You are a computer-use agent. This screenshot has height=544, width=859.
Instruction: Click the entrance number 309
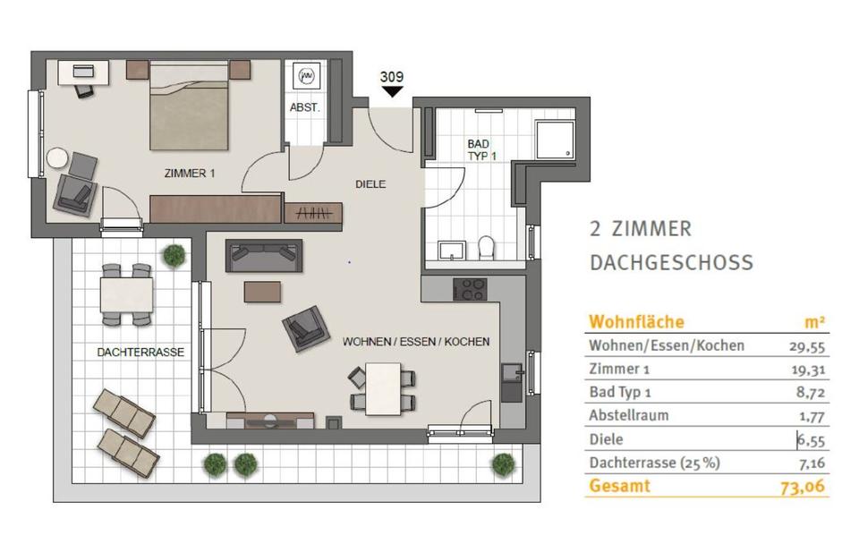[x=392, y=77]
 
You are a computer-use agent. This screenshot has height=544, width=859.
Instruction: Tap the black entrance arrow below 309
[x=392, y=91]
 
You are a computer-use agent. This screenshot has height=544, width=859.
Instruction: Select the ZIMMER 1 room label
[x=190, y=173]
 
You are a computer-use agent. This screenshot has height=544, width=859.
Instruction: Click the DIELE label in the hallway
[x=370, y=184]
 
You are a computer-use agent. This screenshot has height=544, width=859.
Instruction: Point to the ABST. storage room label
[x=304, y=108]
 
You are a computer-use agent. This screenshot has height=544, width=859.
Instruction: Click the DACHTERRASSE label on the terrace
[x=140, y=353]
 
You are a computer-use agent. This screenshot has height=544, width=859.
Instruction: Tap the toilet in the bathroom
[x=486, y=248]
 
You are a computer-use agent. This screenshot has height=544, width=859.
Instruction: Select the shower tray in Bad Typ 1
[x=555, y=140]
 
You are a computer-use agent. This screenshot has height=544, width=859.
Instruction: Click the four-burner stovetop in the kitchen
[x=470, y=289]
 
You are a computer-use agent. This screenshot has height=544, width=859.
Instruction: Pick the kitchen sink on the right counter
[x=513, y=374]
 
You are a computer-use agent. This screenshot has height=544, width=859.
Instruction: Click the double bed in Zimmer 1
[x=189, y=106]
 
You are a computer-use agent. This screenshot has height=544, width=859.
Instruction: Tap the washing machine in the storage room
[x=306, y=77]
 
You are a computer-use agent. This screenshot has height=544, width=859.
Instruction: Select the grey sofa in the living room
[x=264, y=256]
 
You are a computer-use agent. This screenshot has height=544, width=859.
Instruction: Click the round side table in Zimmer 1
[x=57, y=159]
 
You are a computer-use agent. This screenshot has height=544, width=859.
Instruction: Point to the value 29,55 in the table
[x=807, y=346]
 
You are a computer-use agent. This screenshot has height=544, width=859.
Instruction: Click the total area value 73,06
[x=803, y=487]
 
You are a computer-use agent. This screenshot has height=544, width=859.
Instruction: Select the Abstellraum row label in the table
[x=628, y=415]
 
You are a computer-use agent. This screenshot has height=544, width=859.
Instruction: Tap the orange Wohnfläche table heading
[x=636, y=321]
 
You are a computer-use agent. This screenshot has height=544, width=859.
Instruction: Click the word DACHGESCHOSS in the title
[x=672, y=262]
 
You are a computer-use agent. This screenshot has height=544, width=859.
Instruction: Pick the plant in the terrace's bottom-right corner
[x=503, y=464]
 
